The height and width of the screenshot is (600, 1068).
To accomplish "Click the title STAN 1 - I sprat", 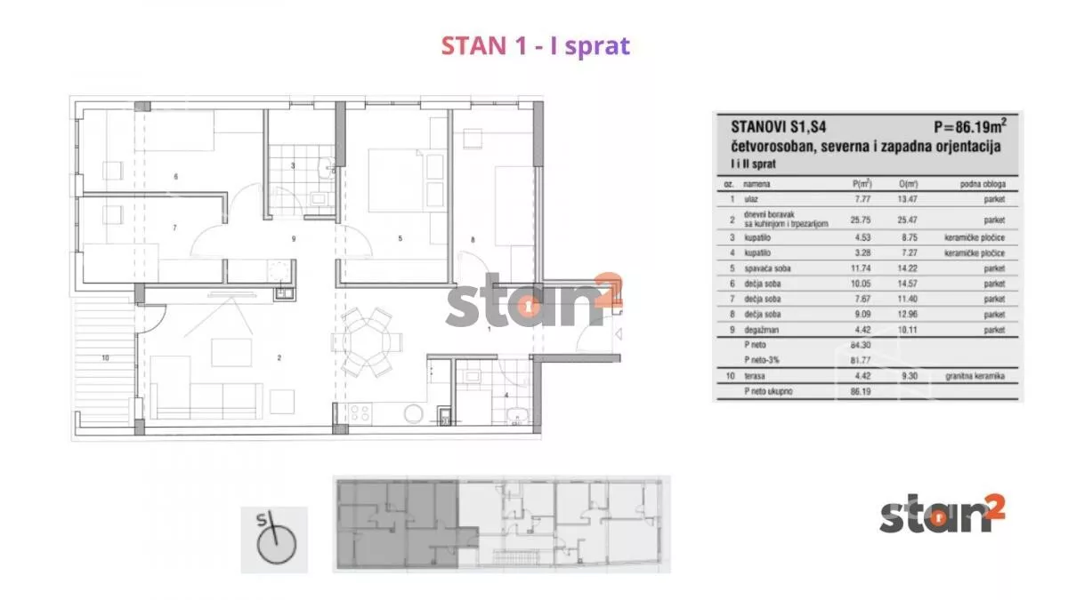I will (x=535, y=46).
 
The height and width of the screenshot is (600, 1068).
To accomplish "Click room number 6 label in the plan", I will (x=176, y=177).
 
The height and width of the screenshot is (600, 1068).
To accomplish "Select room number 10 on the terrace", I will (x=105, y=358).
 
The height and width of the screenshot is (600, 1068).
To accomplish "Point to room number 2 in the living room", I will (x=279, y=358).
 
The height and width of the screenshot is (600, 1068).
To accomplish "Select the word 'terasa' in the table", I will (x=755, y=376).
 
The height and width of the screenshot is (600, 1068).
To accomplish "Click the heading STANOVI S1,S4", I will (x=773, y=127).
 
